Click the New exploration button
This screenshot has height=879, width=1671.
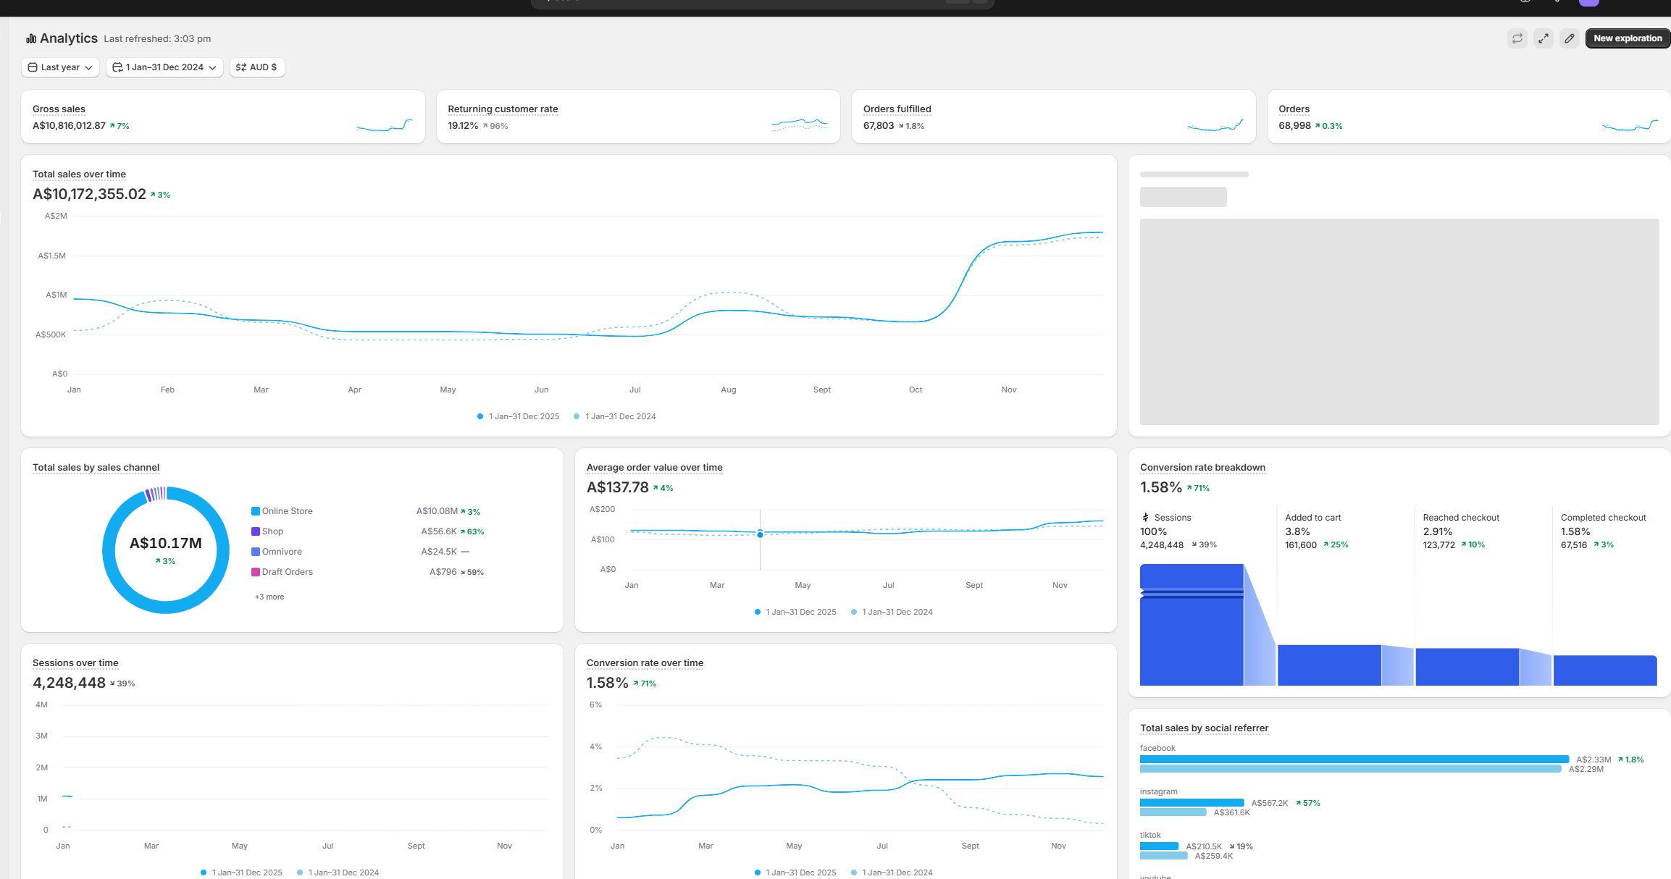point(1627,38)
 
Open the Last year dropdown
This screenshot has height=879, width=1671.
point(61,67)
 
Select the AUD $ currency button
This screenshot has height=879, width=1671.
point(257,67)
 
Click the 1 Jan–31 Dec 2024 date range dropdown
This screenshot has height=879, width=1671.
point(164,67)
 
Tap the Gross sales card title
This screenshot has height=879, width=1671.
point(59,109)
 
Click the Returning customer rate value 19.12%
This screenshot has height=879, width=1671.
point(463,126)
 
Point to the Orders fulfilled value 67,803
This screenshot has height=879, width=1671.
point(879,126)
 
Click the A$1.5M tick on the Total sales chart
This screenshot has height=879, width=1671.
point(52,256)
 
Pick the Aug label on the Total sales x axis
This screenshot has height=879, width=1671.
point(728,390)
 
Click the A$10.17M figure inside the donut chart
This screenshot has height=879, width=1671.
point(166,543)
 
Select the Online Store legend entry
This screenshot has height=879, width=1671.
point(287,511)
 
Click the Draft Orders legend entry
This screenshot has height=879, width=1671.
point(287,572)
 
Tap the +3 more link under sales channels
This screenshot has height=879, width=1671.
point(269,597)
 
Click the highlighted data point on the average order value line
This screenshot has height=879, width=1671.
point(760,534)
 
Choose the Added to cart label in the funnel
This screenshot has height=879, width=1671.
point(1312,518)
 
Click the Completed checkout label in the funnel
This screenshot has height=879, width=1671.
point(1603,518)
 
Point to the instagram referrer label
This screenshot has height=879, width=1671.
point(1158,791)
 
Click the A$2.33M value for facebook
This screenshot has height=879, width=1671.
point(1593,760)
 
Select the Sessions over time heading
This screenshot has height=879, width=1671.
point(75,663)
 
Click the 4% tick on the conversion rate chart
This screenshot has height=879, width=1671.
point(595,746)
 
